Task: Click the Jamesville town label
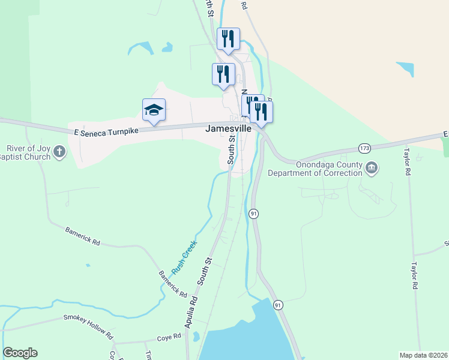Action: [228, 128]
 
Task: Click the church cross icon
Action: [59, 152]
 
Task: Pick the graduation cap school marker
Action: [154, 110]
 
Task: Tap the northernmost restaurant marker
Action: [228, 39]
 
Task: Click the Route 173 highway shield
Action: [364, 148]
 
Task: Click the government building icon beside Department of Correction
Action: [372, 167]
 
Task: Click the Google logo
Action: [20, 353]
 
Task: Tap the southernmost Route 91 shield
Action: [277, 305]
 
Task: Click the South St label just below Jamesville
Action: [231, 151]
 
